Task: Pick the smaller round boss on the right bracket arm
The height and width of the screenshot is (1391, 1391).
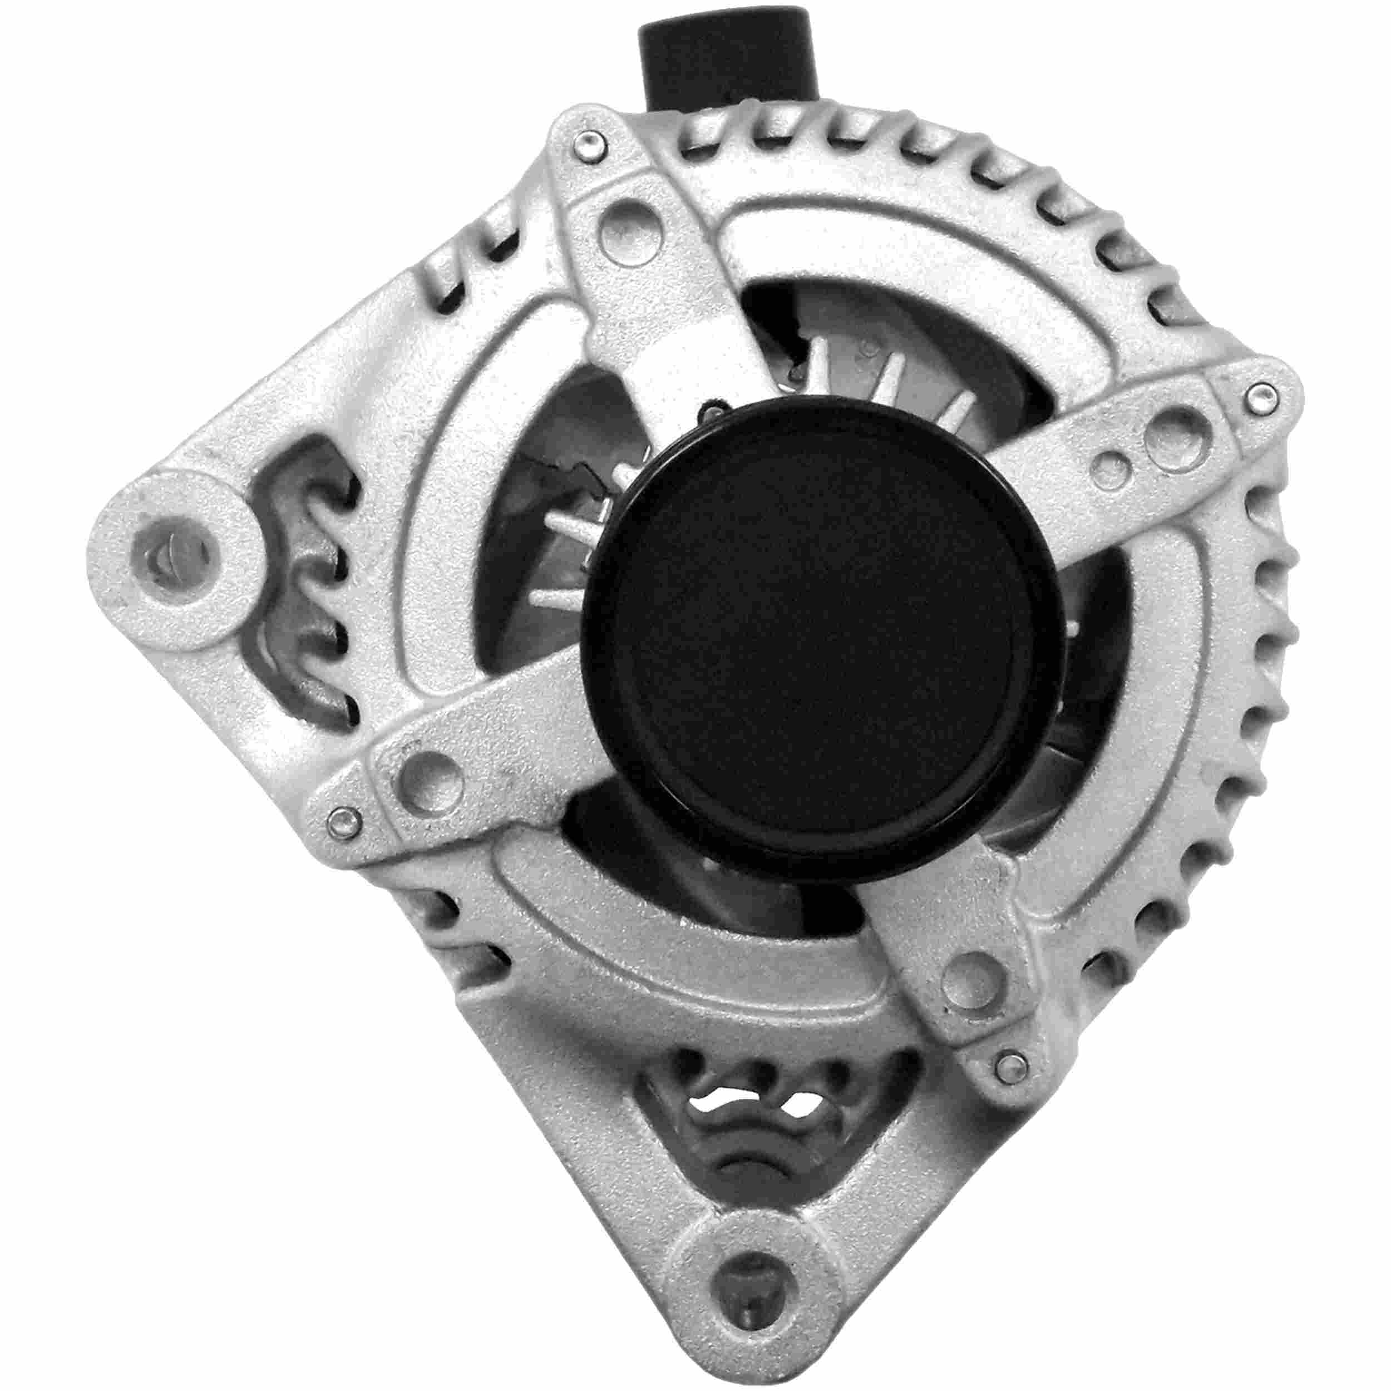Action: coord(1112,467)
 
